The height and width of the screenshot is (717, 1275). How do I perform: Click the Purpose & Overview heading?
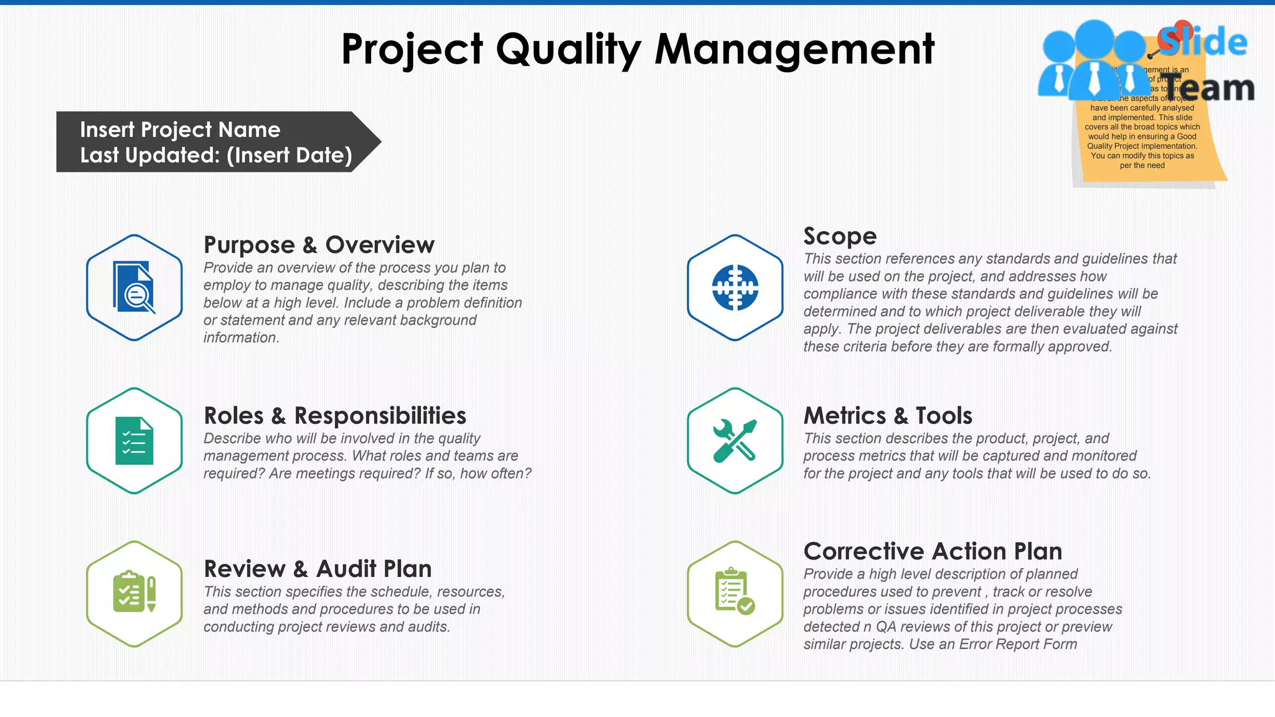pos(319,245)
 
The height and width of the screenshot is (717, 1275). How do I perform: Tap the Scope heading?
pos(840,236)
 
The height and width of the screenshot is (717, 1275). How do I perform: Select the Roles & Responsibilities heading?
pos(335,415)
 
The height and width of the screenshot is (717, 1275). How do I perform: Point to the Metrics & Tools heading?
pos(888,415)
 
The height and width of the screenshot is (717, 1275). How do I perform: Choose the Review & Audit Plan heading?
pos(318,568)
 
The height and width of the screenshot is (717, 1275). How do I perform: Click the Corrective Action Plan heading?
pos(933,551)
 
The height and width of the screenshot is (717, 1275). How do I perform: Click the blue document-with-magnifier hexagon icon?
pos(134,288)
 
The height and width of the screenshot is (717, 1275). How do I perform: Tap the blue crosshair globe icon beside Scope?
pos(735,288)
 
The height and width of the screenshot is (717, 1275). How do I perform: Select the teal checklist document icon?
pos(134,441)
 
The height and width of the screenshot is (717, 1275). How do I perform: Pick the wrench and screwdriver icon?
pos(735,441)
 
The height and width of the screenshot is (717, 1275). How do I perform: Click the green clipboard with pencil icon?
pos(134,593)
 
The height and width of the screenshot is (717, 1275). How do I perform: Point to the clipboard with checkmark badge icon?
pos(735,593)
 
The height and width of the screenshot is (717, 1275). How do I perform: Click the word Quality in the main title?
pos(568,50)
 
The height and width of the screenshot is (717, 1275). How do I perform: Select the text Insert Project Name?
pos(180,129)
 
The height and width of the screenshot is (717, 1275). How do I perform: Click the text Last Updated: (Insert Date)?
pos(216,155)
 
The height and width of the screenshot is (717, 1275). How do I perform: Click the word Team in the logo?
pos(1210,88)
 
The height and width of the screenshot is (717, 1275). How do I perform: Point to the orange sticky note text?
pos(1142,136)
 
